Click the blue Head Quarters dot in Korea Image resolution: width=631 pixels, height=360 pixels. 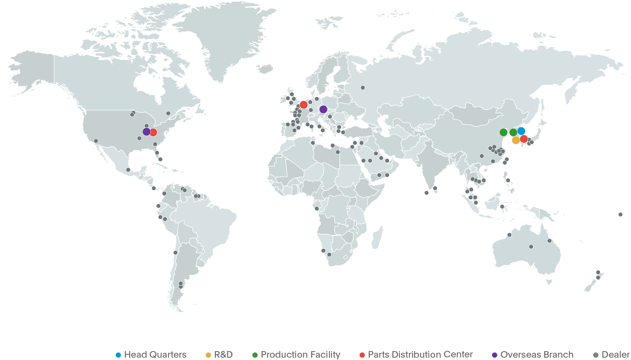[521, 131]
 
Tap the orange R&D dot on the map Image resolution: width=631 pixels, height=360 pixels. [516, 140]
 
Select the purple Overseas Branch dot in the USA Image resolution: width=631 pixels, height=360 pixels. [147, 132]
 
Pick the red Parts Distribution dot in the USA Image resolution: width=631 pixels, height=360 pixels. [153, 132]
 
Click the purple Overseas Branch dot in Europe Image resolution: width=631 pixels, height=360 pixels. [323, 109]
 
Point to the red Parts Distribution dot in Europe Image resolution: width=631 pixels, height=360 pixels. [304, 105]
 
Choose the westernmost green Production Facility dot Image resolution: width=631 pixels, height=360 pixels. [503, 132]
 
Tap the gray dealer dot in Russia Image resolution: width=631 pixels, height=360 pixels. [363, 88]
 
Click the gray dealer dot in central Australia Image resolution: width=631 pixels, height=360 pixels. [531, 247]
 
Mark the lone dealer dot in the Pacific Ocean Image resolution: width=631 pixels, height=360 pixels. [620, 214]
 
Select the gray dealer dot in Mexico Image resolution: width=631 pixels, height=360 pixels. [128, 170]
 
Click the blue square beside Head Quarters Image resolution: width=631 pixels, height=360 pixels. [119, 355]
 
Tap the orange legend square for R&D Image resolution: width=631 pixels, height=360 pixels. [208, 355]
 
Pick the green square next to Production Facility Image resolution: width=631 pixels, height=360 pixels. [255, 355]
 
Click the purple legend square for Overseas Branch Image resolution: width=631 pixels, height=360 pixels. [494, 355]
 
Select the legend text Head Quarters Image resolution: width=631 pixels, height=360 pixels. [155, 355]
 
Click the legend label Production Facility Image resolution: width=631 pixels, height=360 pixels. [301, 355]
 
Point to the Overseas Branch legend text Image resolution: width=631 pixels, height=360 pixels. [537, 355]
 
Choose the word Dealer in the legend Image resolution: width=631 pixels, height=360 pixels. [616, 355]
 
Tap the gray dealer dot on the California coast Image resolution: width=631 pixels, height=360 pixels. [96, 141]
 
